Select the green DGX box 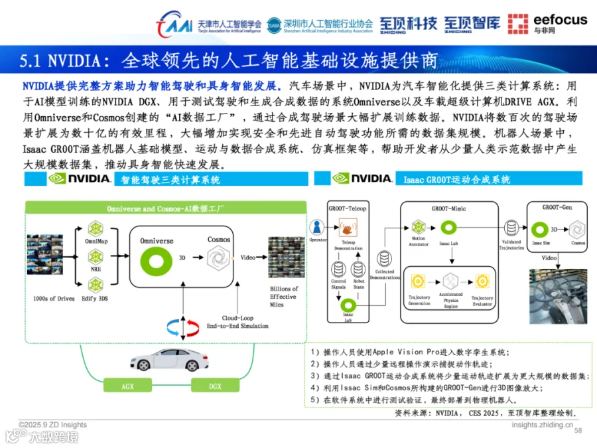pos(215,386)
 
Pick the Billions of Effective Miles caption pos(285,297)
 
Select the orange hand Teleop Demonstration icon pos(348,230)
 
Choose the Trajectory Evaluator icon pos(482,279)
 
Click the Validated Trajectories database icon pos(511,228)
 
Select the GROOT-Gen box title pos(556,207)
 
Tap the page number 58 pos(577,431)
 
